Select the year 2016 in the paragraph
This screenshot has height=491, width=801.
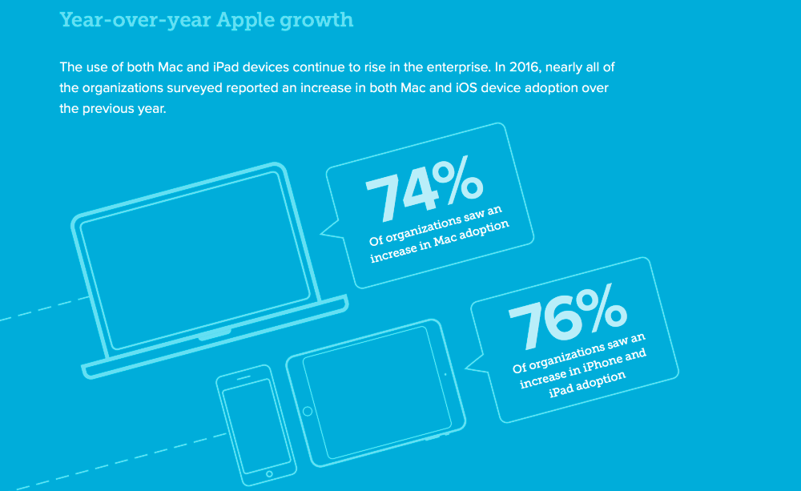coord(525,67)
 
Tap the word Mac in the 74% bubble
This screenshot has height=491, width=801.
coord(445,238)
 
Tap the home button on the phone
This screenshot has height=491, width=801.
coord(269,474)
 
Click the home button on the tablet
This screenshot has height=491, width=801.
coord(308,411)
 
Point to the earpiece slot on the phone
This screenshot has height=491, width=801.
coord(244,378)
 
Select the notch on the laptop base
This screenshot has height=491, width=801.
coord(215,335)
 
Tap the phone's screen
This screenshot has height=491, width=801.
coord(250,426)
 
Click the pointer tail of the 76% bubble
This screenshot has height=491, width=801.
coord(475,364)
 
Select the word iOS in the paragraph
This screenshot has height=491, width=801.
coord(466,88)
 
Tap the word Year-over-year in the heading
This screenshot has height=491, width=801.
coord(135,21)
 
